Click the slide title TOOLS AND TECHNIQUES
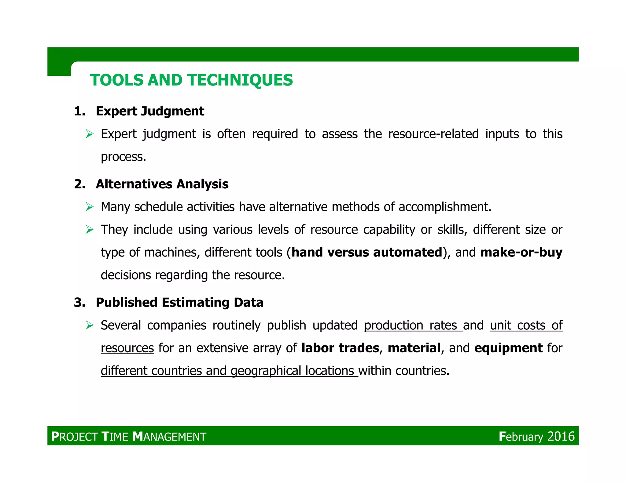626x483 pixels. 191,80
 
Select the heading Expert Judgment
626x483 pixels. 150,111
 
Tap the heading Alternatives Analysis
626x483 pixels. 162,184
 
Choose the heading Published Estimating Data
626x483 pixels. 179,303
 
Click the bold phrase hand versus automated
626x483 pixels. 367,252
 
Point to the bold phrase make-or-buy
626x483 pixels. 521,252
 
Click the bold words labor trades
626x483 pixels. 340,348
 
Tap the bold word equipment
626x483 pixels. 508,348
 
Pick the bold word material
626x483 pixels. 414,348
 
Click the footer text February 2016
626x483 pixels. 537,436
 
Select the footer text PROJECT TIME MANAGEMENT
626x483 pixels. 129,437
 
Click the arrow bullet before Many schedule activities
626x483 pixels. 90,207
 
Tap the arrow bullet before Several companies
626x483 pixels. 90,325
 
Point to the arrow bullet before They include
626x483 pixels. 90,230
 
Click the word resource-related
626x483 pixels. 433,134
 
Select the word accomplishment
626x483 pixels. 445,207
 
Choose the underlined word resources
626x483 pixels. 127,348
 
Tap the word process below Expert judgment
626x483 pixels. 123,157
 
